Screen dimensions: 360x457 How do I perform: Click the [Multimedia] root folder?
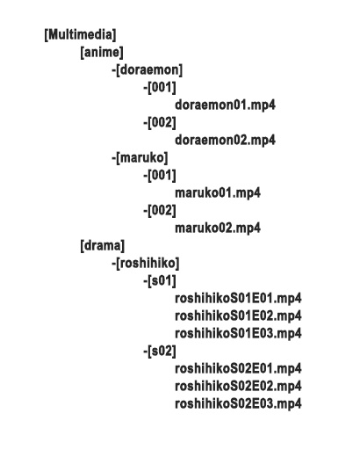click(x=80, y=34)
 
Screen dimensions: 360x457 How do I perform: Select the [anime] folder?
click(x=102, y=52)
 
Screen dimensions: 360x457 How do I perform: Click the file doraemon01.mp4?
click(x=225, y=105)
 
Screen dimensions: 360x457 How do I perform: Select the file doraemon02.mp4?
click(x=225, y=140)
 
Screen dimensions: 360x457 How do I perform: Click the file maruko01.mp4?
click(x=218, y=192)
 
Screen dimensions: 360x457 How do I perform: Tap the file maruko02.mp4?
click(x=218, y=228)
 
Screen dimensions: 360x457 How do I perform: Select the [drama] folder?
click(x=103, y=245)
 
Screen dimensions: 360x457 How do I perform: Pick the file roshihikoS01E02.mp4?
click(x=238, y=316)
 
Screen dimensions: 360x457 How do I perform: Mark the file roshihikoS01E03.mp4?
click(x=238, y=333)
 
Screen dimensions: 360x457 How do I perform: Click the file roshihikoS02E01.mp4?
click(x=238, y=368)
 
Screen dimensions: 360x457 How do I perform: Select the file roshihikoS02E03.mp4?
click(x=238, y=403)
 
